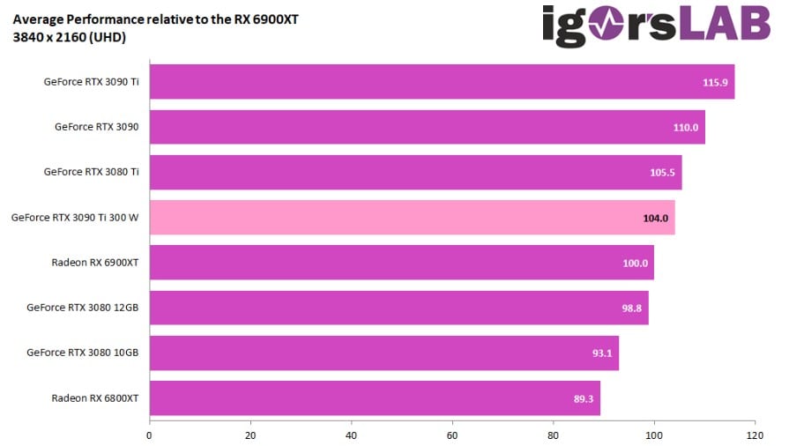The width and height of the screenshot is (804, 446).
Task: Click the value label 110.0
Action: point(686,127)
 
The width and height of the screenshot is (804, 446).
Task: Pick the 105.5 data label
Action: point(663,173)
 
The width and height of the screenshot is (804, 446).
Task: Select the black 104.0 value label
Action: point(655,218)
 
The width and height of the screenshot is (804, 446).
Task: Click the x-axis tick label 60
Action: point(452,435)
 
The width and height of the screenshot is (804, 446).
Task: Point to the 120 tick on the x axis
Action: point(755,435)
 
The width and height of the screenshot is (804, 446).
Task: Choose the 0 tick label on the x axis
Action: point(150,435)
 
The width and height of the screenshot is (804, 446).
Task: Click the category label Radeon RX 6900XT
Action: point(95,263)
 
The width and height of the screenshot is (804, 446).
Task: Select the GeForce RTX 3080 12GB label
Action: point(83,308)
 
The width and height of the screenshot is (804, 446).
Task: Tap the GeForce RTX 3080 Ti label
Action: point(92,172)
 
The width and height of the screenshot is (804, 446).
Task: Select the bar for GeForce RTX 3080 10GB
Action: point(383,353)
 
